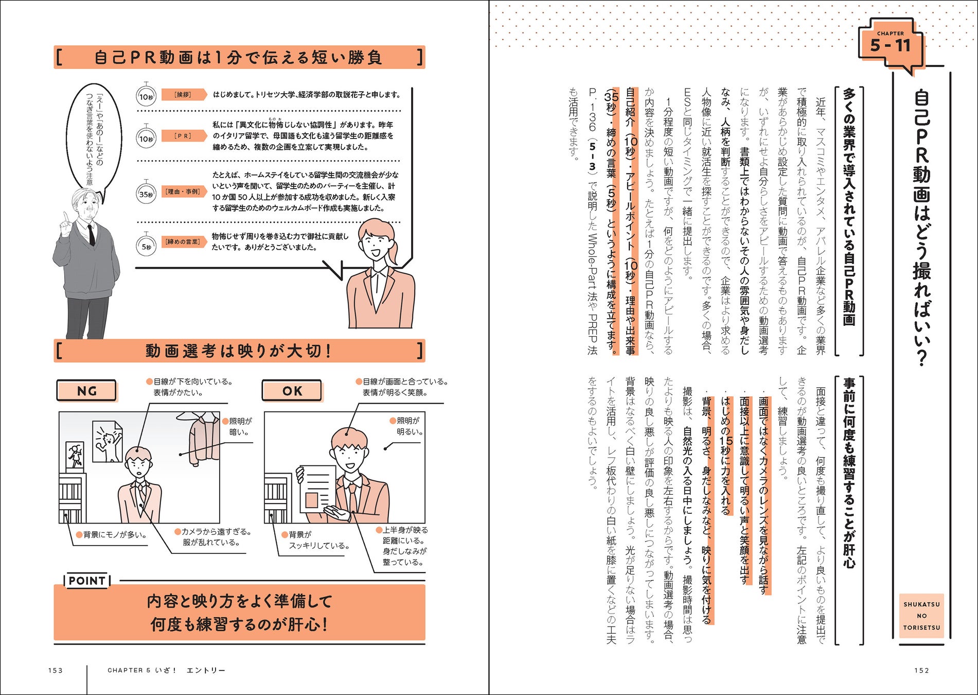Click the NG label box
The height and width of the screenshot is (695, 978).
(x=86, y=391)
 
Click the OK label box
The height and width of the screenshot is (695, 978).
(x=292, y=391)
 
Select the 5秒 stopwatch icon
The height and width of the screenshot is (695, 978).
(x=147, y=246)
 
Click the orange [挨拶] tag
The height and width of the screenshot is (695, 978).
(x=184, y=95)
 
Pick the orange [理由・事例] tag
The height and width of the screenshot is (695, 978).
(x=184, y=192)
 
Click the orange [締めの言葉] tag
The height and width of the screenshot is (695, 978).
(x=184, y=241)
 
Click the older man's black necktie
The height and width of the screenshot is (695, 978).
(x=91, y=234)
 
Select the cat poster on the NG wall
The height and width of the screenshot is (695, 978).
(x=108, y=441)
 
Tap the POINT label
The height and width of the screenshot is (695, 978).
(x=87, y=581)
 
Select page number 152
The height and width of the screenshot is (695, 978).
(x=921, y=670)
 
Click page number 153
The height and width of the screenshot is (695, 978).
(x=55, y=670)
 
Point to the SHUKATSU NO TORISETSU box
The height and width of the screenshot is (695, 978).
(x=921, y=616)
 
